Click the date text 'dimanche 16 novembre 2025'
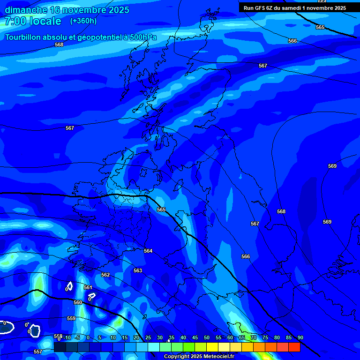coord(67,10)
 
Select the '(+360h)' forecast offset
coord(83,21)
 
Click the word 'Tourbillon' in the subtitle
coord(25,37)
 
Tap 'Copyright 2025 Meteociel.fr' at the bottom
coord(199,357)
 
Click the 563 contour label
coord(137,270)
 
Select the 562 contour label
coord(105,275)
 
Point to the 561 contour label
coord(88,287)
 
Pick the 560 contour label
coord(78,302)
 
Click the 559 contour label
coord(71,318)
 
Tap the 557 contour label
coord(38,352)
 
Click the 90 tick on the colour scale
coord(300,337)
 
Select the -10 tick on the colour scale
coord(67,337)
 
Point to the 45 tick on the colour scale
coord(195,337)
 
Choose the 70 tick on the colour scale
coord(254,337)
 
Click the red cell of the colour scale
coord(294,347)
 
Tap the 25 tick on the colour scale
coord(148,337)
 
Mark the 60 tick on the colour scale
coord(230,337)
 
